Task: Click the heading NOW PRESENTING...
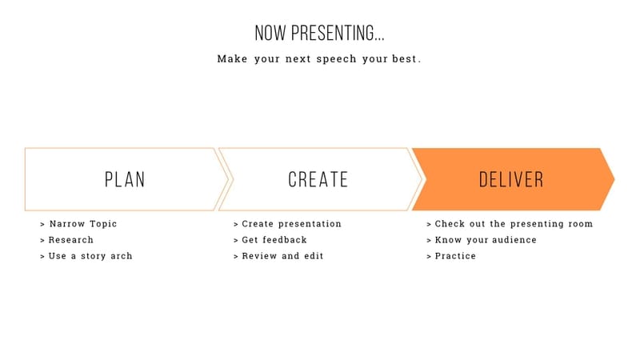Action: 319,34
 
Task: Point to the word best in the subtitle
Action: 406,59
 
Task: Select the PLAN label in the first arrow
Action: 125,179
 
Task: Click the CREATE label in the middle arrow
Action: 318,179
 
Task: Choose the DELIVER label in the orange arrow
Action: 511,179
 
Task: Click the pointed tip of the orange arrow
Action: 613,179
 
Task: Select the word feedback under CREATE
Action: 284,240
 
